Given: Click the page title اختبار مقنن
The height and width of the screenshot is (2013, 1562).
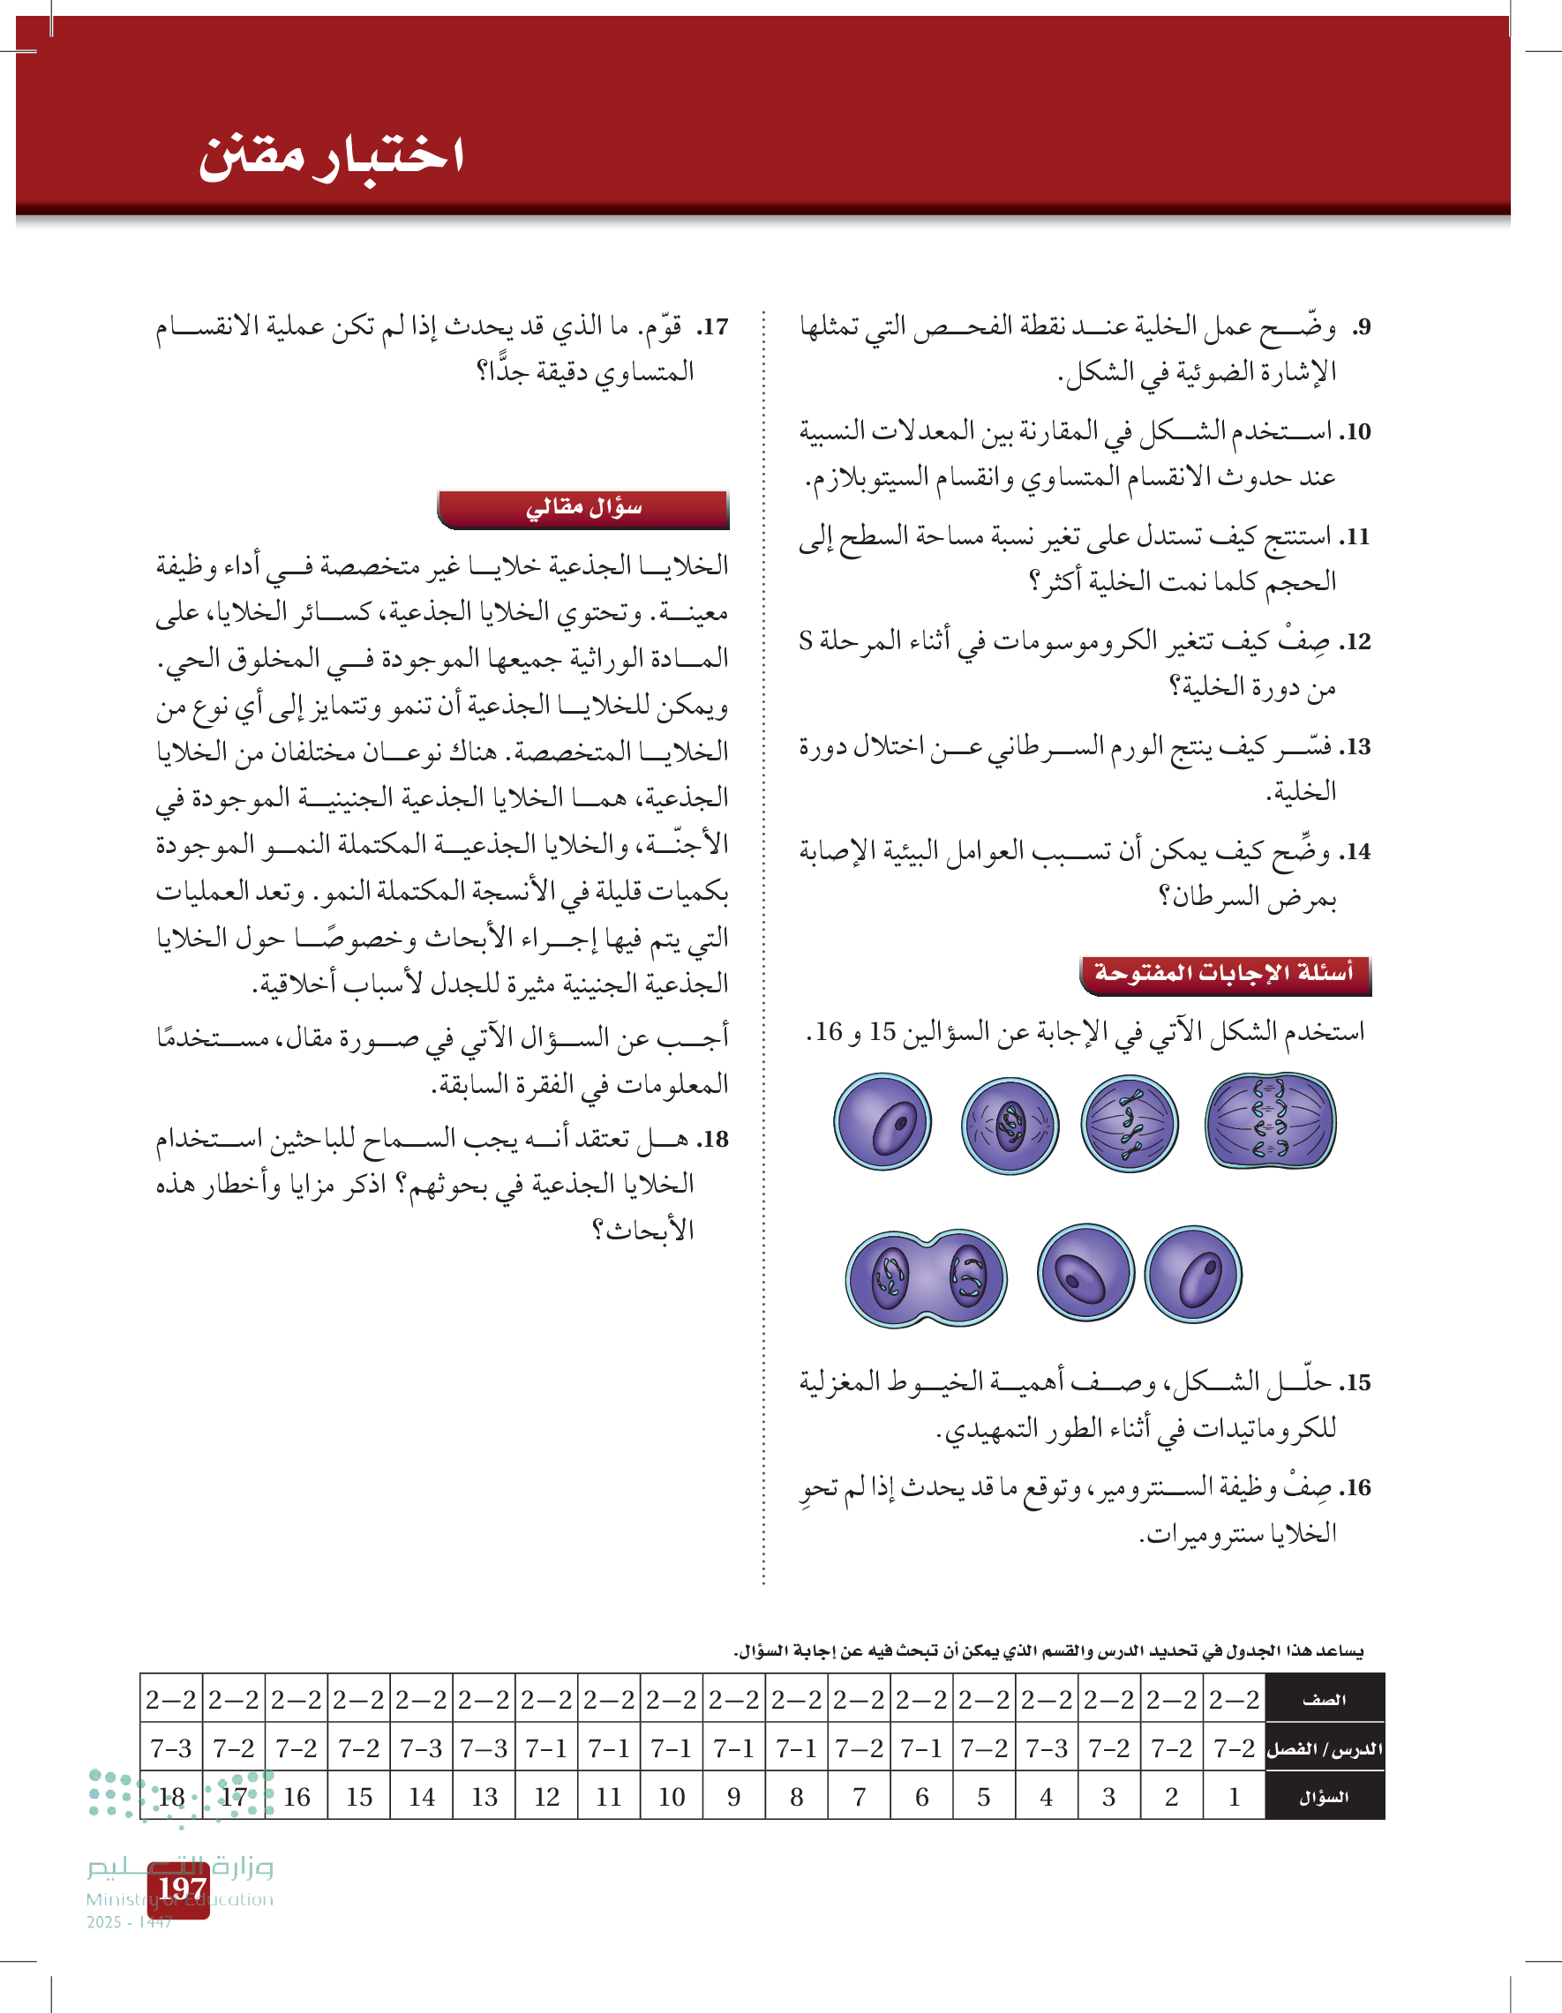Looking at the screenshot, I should [330, 156].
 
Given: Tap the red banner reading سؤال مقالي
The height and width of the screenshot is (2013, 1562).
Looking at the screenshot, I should [582, 509].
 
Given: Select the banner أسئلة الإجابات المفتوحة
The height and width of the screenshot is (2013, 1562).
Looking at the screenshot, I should [1224, 974].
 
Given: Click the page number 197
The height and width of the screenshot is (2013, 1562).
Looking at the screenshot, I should [181, 1889].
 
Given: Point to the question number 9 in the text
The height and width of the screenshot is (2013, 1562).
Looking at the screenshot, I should [1362, 327].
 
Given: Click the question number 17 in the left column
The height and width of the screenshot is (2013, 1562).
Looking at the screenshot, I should [713, 327].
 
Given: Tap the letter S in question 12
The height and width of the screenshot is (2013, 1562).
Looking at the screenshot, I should [806, 640].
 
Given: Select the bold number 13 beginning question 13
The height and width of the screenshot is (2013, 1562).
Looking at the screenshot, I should [1356, 746].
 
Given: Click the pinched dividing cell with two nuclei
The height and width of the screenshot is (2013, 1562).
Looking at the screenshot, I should [927, 1278].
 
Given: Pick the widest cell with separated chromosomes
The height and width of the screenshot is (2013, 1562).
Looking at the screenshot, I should [1270, 1122].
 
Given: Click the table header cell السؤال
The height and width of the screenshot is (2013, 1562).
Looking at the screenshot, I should [1323, 1798].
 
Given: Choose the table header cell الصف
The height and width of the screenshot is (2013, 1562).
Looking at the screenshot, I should [1323, 1700].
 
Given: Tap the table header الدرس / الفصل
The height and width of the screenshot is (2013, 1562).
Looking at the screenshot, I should [1323, 1749].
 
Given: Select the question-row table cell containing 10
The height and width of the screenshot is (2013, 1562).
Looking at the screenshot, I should [672, 1798].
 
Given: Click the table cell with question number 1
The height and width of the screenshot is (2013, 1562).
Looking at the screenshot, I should [1234, 1798].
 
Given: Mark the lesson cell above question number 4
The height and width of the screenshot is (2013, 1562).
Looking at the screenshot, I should [1047, 1748].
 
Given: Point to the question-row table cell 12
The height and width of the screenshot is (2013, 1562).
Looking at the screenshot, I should [547, 1798].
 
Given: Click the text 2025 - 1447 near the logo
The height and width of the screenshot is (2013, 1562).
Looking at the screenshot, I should [129, 1923].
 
